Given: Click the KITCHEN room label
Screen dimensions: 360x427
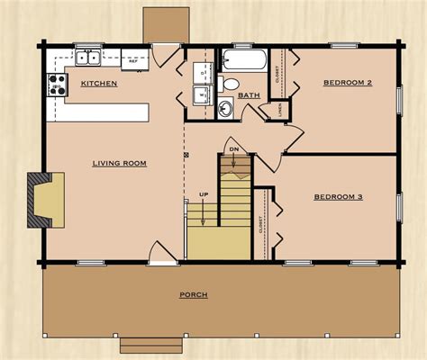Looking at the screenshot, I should click(98, 83).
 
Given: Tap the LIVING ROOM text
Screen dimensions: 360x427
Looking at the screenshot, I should click(119, 163).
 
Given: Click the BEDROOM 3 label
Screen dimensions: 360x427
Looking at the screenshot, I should click(338, 196).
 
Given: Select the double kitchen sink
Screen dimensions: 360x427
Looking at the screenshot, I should click(88, 58).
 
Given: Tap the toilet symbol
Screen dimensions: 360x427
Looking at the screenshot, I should click(231, 84).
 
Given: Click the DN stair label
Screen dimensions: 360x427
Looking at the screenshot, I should click(233, 148).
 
